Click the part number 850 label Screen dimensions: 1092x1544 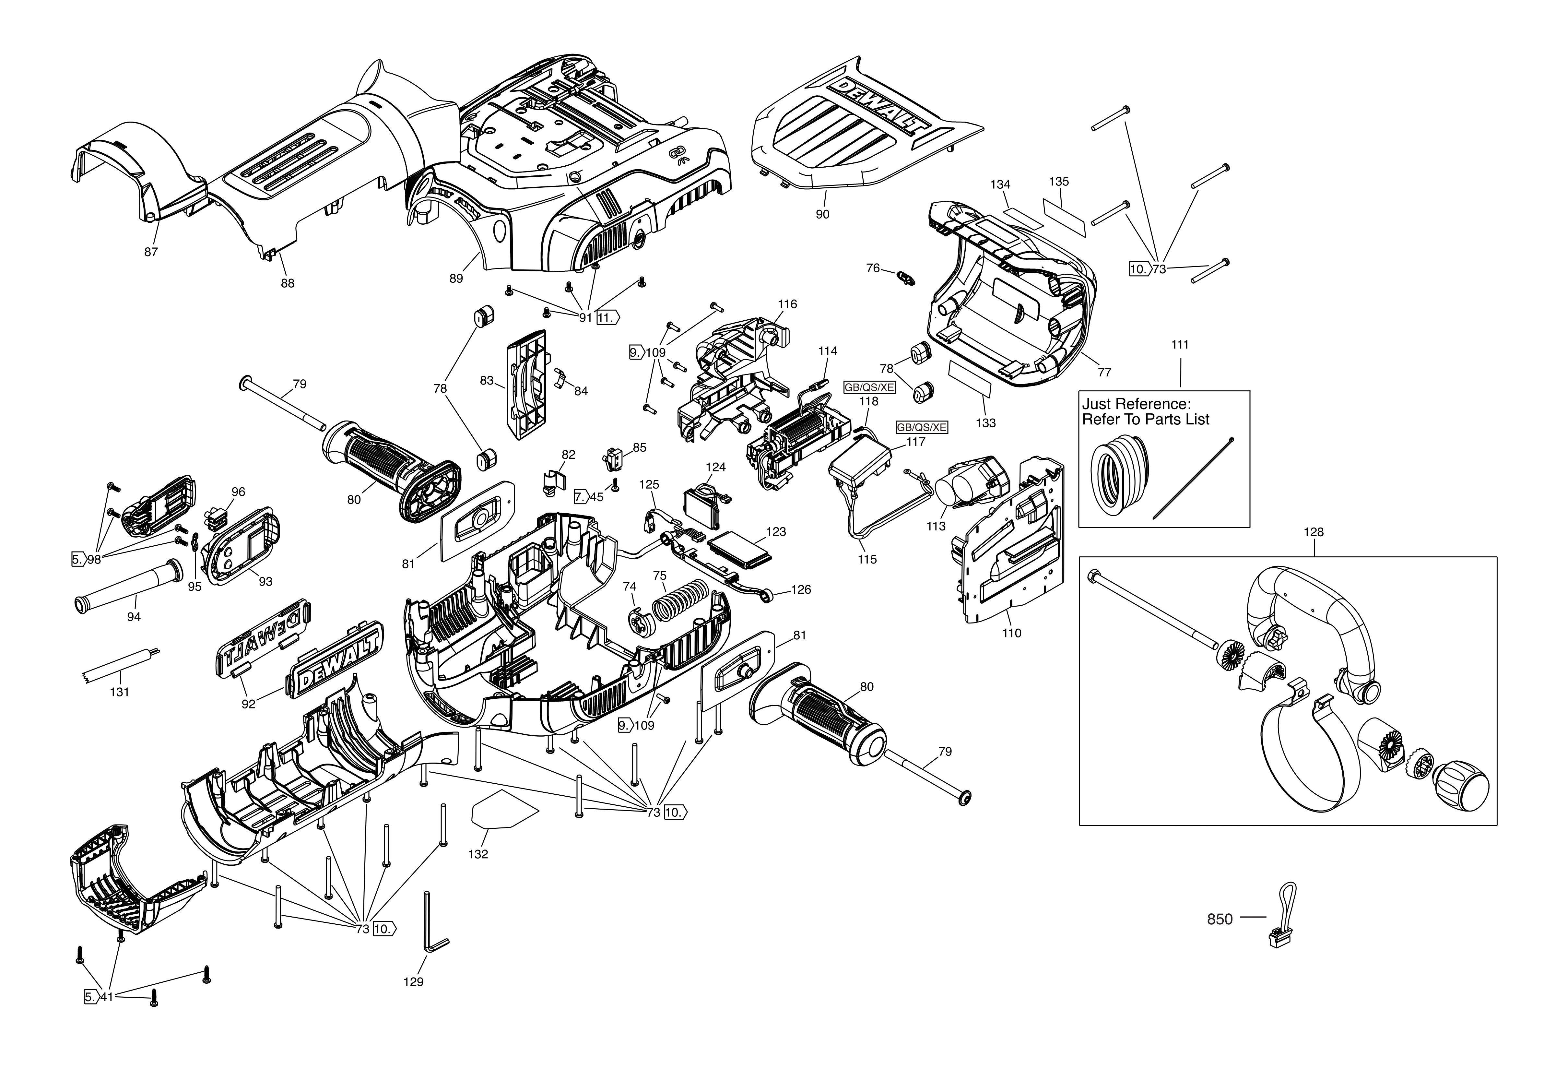(1220, 919)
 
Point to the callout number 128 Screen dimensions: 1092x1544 (1313, 532)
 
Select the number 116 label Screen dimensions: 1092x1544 (787, 304)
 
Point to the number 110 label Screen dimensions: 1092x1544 (1011, 633)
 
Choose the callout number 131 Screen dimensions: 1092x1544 (120, 692)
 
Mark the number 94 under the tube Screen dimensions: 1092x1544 (134, 617)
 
